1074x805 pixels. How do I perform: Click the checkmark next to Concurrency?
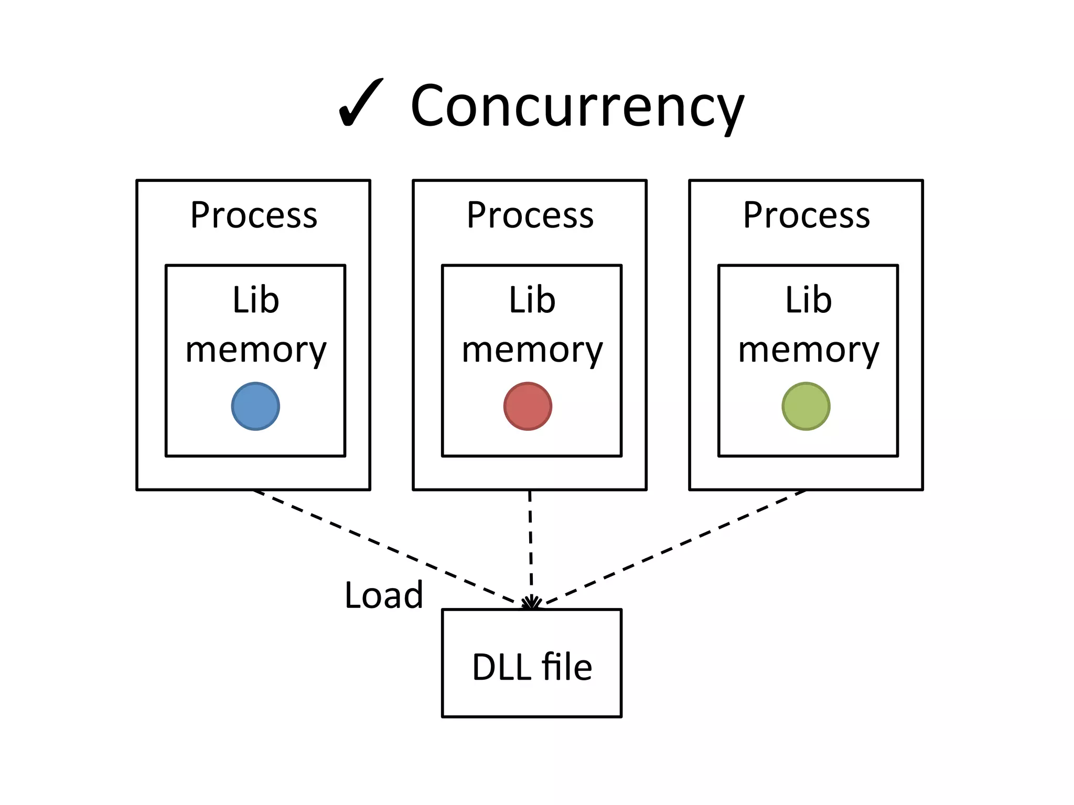[x=361, y=104]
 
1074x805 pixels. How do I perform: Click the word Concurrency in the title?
[x=577, y=106]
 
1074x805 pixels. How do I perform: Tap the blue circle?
[x=255, y=406]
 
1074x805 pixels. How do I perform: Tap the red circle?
[x=528, y=406]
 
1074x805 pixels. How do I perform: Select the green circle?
[x=805, y=406]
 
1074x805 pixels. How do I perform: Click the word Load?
[x=383, y=595]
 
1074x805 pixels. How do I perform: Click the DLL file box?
[x=532, y=663]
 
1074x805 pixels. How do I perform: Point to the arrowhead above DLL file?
[x=531, y=603]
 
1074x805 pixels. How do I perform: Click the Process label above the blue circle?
[x=254, y=215]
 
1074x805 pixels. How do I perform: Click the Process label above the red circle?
[x=530, y=215]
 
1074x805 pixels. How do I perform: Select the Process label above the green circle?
[x=807, y=215]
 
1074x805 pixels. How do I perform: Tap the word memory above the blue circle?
[x=255, y=350]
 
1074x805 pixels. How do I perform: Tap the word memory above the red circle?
[x=532, y=350]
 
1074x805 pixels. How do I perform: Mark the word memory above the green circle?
[x=808, y=350]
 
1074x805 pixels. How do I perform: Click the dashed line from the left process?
[x=385, y=548]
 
